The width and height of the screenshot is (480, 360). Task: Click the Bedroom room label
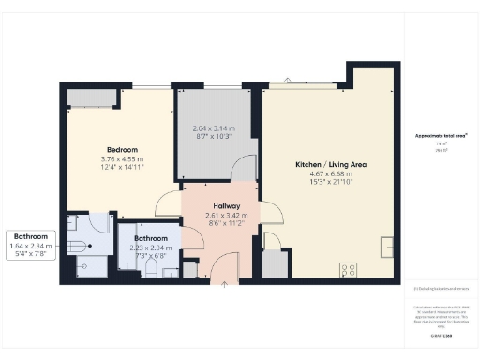[x=122, y=150]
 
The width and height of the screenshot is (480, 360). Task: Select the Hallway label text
[x=226, y=205]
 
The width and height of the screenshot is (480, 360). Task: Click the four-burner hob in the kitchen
[x=349, y=269]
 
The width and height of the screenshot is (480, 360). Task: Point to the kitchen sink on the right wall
[x=386, y=247]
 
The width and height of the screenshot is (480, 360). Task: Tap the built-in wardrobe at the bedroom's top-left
[x=91, y=98]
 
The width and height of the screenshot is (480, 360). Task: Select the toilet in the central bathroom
[x=152, y=269]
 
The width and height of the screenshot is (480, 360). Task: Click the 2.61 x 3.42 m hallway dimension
[x=226, y=216]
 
